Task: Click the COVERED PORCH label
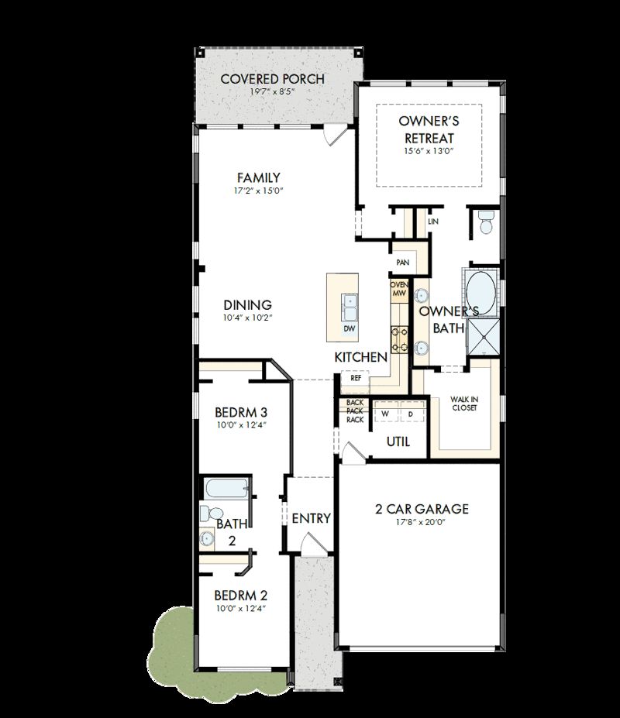pos(272,79)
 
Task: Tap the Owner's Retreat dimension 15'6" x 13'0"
pos(428,152)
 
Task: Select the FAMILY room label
pos(258,178)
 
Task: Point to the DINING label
pos(247,305)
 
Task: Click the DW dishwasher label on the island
pos(350,328)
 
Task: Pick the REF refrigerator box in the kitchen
pos(356,379)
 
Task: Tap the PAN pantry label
pos(402,263)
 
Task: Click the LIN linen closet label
pos(432,222)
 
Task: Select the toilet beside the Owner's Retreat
pos(486,222)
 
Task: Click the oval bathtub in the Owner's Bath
pos(482,290)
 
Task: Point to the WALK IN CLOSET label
pos(463,404)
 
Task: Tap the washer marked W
pos(384,414)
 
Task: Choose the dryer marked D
pos(411,414)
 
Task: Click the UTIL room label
pos(398,441)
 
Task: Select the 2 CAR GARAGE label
pos(422,509)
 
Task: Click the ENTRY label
pos(311,518)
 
